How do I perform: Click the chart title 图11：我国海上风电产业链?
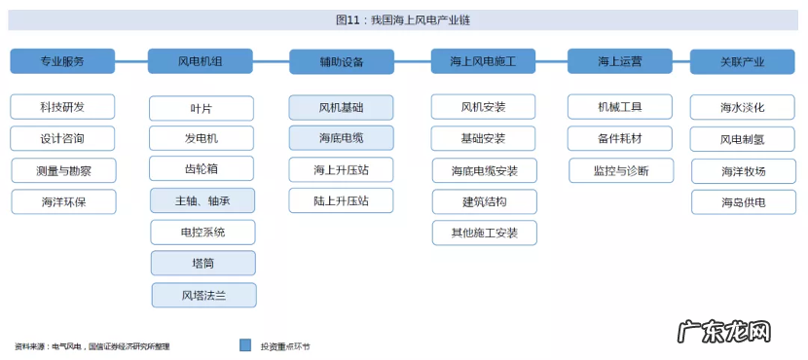point(403,19)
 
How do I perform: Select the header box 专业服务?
point(62,61)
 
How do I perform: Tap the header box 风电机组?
point(201,61)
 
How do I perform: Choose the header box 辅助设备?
point(341,62)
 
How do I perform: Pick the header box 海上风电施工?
point(483,61)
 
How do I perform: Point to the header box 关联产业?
point(742,61)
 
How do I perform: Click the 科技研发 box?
point(62,106)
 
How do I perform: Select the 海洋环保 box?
point(62,202)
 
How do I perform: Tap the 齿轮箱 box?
point(202,168)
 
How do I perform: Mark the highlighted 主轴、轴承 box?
point(202,201)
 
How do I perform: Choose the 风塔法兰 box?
point(202,295)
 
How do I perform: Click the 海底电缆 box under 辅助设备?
point(342,138)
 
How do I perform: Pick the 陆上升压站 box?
point(342,201)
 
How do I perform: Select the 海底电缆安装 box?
point(484,171)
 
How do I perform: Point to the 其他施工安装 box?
point(484,233)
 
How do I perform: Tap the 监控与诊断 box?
point(620,170)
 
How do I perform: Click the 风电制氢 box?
point(742,139)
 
